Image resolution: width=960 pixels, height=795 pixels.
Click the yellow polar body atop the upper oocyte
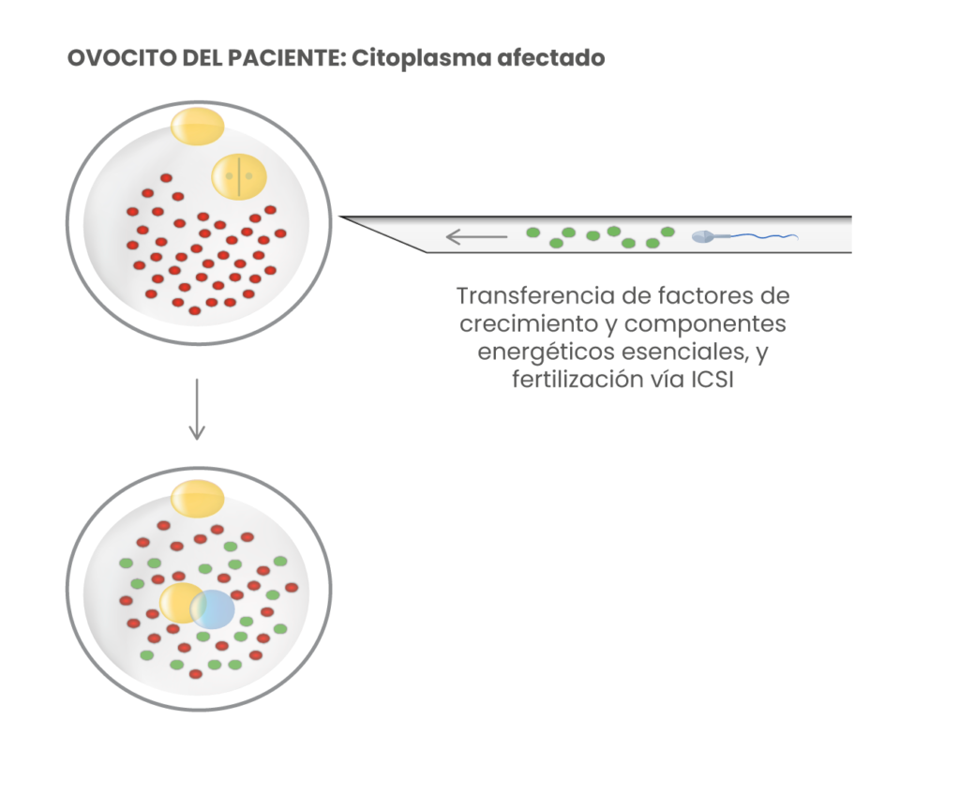pyautogui.click(x=197, y=126)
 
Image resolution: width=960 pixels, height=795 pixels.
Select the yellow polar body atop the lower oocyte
pyautogui.click(x=197, y=495)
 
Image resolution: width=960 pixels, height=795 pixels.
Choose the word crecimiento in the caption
pyautogui.click(x=523, y=324)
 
